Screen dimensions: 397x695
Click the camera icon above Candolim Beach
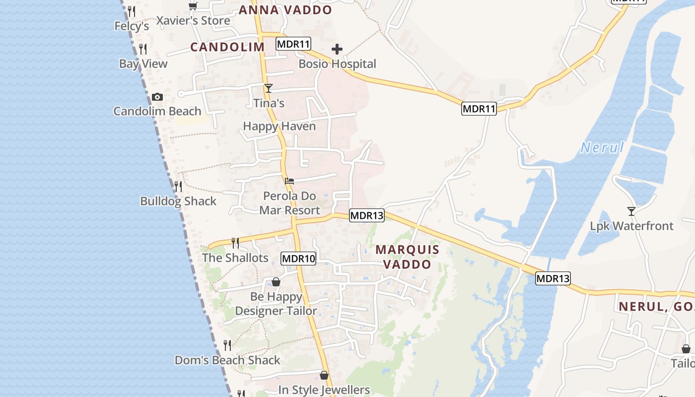coord(157,97)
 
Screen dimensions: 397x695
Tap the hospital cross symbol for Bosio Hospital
coord(337,49)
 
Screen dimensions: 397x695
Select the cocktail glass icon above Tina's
coord(269,88)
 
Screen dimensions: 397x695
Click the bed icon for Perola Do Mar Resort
coord(289,181)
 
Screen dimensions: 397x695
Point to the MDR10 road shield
coord(298,259)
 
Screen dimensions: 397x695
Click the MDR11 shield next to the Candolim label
coord(293,44)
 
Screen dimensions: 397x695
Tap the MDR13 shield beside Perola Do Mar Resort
coord(367,215)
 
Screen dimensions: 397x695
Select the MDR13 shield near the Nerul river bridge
coord(553,278)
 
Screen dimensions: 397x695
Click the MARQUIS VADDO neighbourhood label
coord(407,257)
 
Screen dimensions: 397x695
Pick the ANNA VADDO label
coord(285,10)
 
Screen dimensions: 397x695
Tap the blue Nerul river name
coord(602,147)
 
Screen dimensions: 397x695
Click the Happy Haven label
coord(279,126)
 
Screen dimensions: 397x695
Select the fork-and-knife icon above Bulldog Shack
coord(178,187)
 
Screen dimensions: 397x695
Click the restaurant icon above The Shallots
coord(235,243)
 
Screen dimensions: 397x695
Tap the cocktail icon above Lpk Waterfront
coord(631,211)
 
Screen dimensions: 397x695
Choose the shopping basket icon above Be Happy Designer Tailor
coord(276,282)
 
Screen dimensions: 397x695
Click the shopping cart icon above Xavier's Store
coord(193,6)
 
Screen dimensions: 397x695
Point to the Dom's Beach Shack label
coord(227,360)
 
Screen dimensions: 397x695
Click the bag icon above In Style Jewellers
coord(324,375)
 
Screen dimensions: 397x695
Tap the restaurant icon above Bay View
coord(143,49)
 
